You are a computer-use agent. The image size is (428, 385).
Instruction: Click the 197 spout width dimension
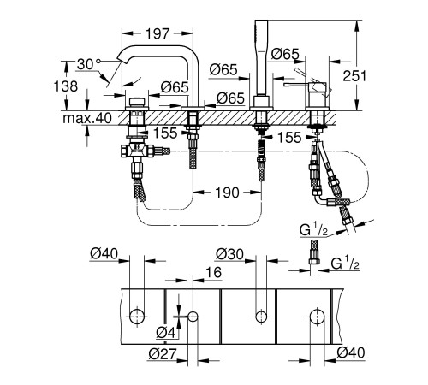pyautogui.click(x=158, y=33)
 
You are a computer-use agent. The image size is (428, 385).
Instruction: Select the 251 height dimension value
pyautogui.click(x=354, y=76)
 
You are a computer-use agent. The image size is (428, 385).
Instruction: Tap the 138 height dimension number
pyautogui.click(x=66, y=86)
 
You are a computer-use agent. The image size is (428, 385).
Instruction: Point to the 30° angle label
pyautogui.click(x=89, y=64)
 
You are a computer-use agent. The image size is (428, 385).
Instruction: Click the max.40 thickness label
pyautogui.click(x=87, y=118)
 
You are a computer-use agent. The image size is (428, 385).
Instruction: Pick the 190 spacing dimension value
pyautogui.click(x=227, y=192)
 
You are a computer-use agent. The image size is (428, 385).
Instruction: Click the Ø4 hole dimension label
pyautogui.click(x=166, y=333)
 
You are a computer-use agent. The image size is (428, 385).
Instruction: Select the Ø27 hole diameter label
pyautogui.click(x=163, y=353)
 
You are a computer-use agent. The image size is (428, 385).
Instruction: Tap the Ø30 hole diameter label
pyautogui.click(x=230, y=254)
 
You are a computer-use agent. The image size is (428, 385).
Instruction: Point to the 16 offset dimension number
pyautogui.click(x=213, y=272)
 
